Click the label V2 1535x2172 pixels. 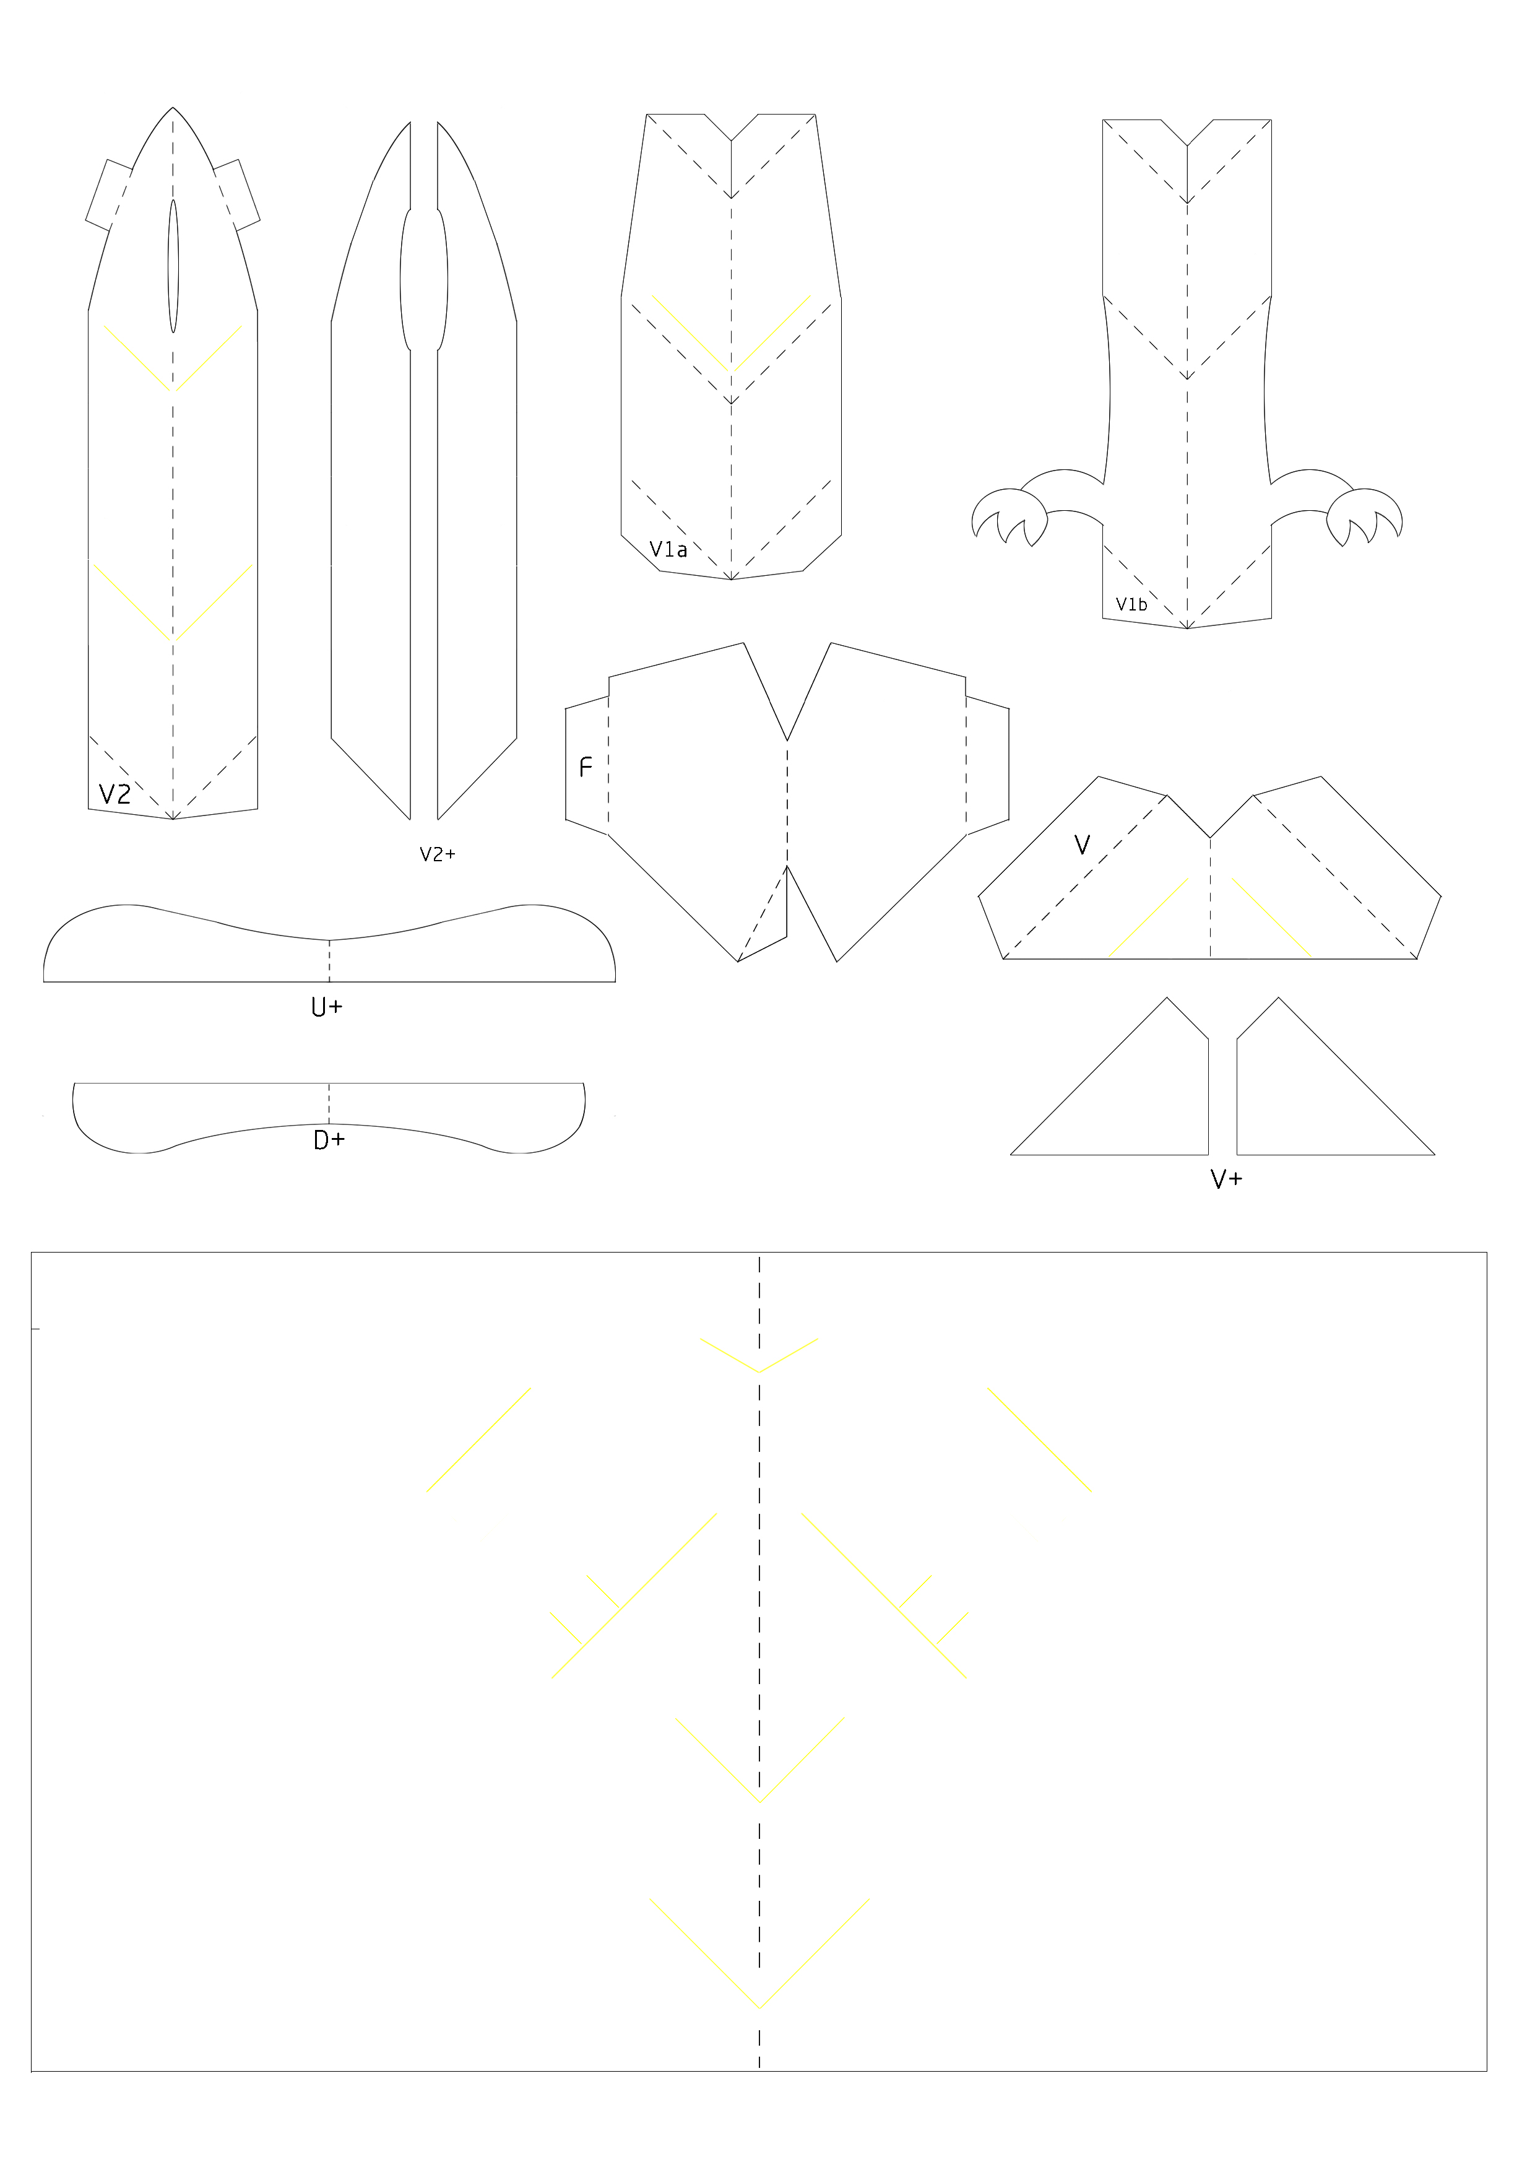click(x=115, y=794)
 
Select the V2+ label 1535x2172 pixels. click(x=437, y=854)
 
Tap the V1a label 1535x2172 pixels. click(x=668, y=550)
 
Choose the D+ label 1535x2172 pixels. click(x=329, y=1141)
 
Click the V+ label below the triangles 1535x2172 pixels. click(x=1227, y=1179)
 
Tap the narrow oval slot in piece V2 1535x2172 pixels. click(x=173, y=266)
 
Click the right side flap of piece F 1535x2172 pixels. click(x=987, y=767)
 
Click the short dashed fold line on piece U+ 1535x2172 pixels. click(x=329, y=961)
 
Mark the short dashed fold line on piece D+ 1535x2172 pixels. click(x=329, y=1104)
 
